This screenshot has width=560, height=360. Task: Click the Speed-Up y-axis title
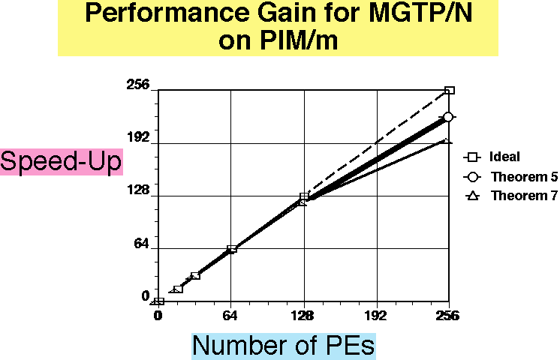[x=61, y=162]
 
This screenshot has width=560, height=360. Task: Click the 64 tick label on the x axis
[x=231, y=314]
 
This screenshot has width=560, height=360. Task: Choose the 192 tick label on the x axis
[x=376, y=314]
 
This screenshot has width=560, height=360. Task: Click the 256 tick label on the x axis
[x=449, y=314]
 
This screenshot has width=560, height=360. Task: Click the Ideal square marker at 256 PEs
[x=450, y=91]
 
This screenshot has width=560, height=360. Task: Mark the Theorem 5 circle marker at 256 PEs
[x=448, y=117]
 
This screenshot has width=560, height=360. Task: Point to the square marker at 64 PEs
[x=232, y=249]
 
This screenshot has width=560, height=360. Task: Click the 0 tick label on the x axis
[x=158, y=314]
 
